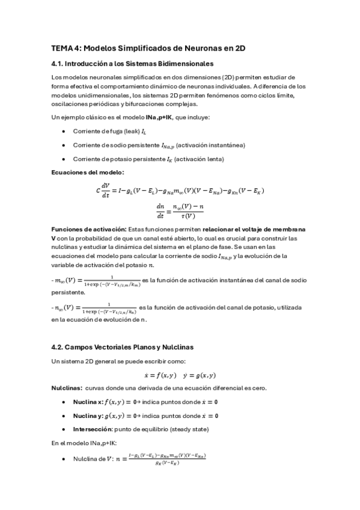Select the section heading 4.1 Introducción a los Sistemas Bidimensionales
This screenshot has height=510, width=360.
[132, 64]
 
